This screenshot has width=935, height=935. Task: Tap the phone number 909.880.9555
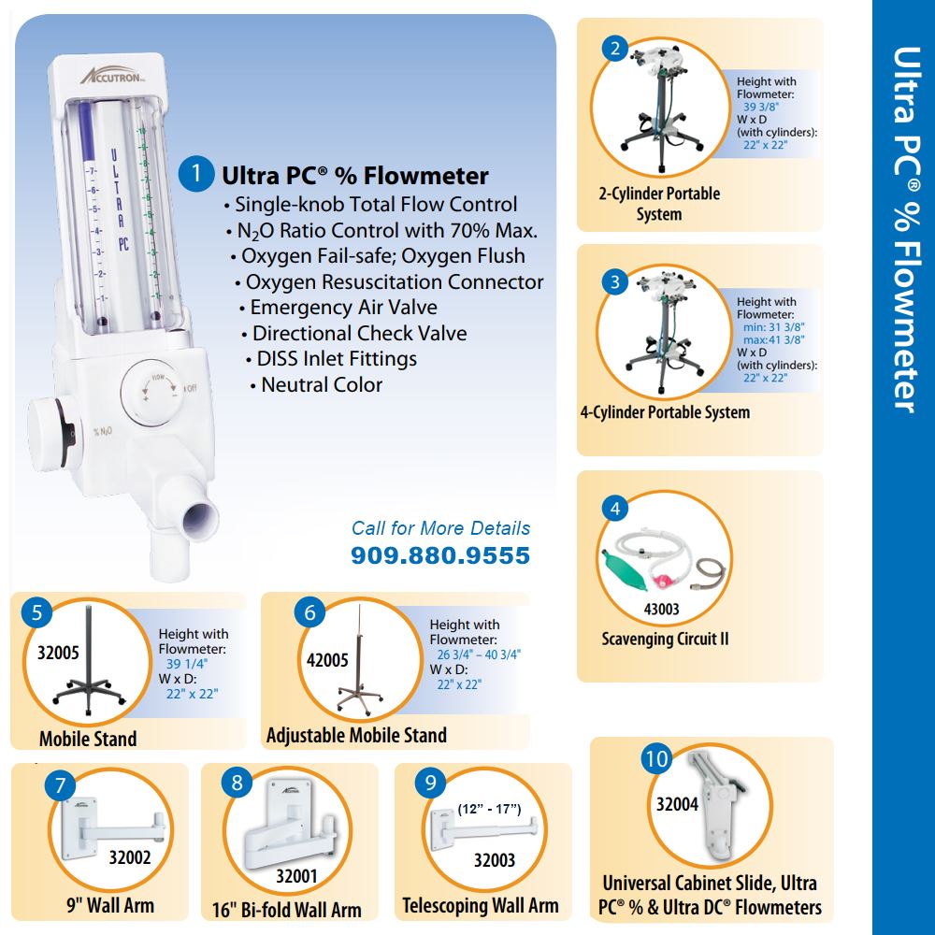coord(440,555)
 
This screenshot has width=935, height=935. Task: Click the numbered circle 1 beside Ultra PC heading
coord(196,174)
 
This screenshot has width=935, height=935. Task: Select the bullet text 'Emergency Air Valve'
coord(343,307)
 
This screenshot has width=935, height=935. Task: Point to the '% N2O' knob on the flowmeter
coord(50,434)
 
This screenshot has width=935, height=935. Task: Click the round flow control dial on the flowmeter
coord(153,393)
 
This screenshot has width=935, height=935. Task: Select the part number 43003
coord(661,609)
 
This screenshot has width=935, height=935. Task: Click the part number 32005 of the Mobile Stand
coord(58,653)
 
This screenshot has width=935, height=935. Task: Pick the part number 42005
coord(327,660)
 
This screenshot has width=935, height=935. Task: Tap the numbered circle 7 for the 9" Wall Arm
coord(60,785)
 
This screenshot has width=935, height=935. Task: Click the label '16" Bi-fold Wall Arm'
coord(287,910)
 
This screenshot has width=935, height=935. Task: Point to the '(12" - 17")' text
coord(490,809)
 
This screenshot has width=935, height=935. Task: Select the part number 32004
coord(677,804)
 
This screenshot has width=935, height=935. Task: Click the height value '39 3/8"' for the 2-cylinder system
coord(761,107)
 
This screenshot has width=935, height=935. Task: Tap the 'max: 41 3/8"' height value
coord(773,340)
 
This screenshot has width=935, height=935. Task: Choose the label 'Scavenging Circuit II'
coord(665,639)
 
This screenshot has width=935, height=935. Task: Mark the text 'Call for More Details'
coord(440,527)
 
